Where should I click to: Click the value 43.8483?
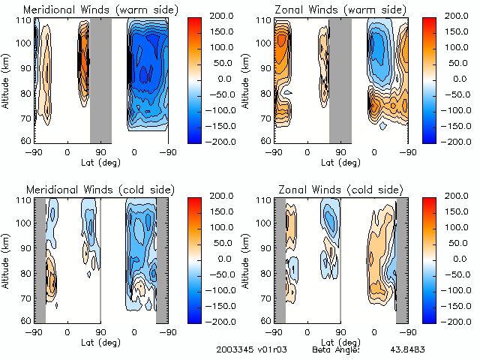point(406,349)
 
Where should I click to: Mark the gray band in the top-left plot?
point(100,79)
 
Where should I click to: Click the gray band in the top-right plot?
point(340,79)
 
